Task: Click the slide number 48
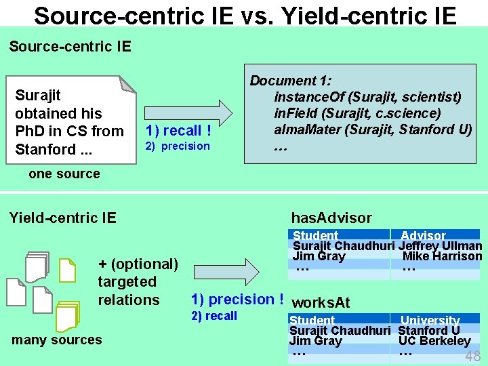[x=472, y=357]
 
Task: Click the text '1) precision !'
[x=237, y=300]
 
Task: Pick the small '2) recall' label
[x=214, y=316]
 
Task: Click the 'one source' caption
[x=64, y=174]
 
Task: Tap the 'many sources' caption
[x=57, y=340]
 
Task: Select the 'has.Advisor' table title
[x=331, y=218]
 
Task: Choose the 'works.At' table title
[x=321, y=303]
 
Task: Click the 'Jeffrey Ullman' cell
[x=441, y=246]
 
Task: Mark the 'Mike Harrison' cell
[x=442, y=256]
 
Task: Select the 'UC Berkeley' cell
[x=434, y=341]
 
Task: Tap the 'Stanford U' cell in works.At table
[x=429, y=331]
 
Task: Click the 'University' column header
[x=430, y=321]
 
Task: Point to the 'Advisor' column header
[x=423, y=236]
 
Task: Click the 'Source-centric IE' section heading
[x=70, y=46]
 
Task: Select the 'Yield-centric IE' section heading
[x=62, y=218]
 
